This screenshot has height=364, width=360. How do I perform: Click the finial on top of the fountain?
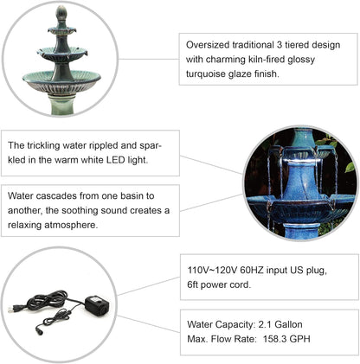tap(60, 15)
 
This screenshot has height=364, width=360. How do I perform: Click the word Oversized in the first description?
tap(210, 45)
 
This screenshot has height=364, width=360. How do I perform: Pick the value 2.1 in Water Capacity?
tap(270, 325)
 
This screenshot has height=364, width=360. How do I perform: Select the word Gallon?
tap(299, 325)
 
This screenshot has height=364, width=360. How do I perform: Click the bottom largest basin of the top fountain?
tap(60, 80)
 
